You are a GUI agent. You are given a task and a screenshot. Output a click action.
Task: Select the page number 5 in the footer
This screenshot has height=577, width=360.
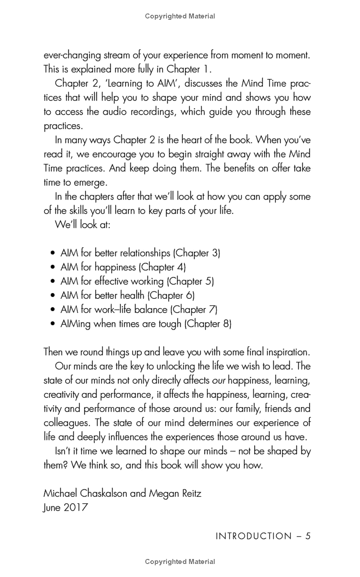[x=308, y=536]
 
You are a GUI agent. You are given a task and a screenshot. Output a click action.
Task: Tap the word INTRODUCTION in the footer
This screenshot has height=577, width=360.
[x=254, y=536]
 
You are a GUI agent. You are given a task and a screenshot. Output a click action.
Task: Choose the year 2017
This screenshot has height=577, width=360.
[x=75, y=508]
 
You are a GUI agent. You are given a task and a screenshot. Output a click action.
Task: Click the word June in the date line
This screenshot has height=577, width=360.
[x=51, y=508]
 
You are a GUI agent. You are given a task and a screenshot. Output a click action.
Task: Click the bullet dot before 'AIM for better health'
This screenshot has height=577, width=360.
[x=53, y=296]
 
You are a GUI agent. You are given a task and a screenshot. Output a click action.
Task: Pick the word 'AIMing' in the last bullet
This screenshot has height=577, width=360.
[x=76, y=324]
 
